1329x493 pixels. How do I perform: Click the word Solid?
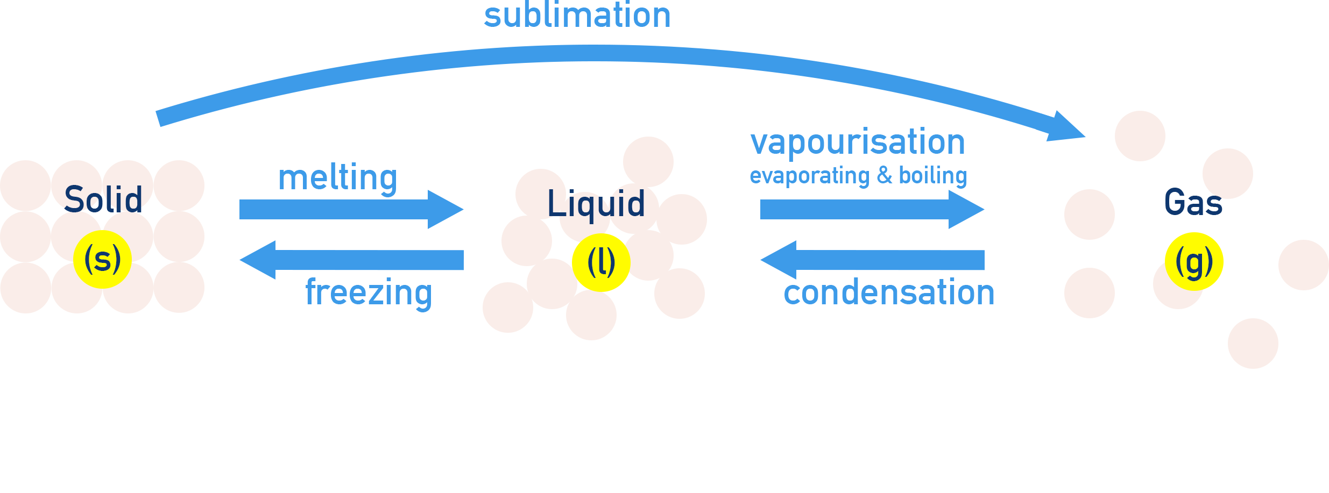[103, 199]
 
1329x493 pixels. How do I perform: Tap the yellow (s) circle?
[102, 260]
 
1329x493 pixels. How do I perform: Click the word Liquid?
[596, 204]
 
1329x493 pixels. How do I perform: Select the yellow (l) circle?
[601, 262]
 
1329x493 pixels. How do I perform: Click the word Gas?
[1193, 202]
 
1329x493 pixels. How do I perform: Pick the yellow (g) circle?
[1194, 262]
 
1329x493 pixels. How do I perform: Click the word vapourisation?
[858, 142]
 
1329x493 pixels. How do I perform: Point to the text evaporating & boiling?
[858, 176]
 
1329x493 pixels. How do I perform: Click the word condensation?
[889, 293]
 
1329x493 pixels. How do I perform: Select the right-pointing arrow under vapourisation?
[872, 209]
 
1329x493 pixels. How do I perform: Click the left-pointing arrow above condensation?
[872, 260]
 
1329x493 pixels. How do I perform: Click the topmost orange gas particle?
[1140, 136]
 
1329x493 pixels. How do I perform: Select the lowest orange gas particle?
[1253, 344]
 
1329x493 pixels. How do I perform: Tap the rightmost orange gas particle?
[1303, 265]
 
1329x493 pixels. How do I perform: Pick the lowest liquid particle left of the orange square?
[507, 308]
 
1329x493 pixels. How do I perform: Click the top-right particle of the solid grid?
[179, 185]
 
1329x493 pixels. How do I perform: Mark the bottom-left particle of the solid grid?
[25, 288]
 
